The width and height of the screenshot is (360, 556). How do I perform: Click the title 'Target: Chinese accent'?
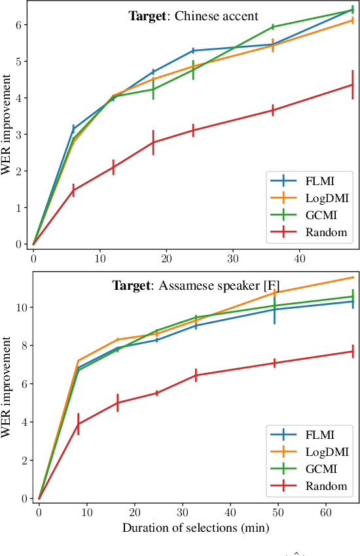[x=193, y=15]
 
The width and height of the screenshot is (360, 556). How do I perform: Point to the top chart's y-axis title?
[x=9, y=126]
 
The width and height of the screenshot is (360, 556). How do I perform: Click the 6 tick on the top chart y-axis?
[x=20, y=25]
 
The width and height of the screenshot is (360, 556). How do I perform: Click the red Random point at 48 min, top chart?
[x=352, y=84]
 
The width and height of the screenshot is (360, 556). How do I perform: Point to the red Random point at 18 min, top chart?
[x=153, y=142]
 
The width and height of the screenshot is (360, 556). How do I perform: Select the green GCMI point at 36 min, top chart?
[x=272, y=27]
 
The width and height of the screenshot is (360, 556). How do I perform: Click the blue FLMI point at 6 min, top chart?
[x=73, y=129]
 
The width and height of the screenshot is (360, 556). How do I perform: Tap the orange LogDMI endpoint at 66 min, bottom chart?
[x=353, y=277]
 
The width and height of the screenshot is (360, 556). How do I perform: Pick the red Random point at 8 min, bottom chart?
[x=78, y=424]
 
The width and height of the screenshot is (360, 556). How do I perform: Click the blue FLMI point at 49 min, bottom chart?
[x=274, y=309]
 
